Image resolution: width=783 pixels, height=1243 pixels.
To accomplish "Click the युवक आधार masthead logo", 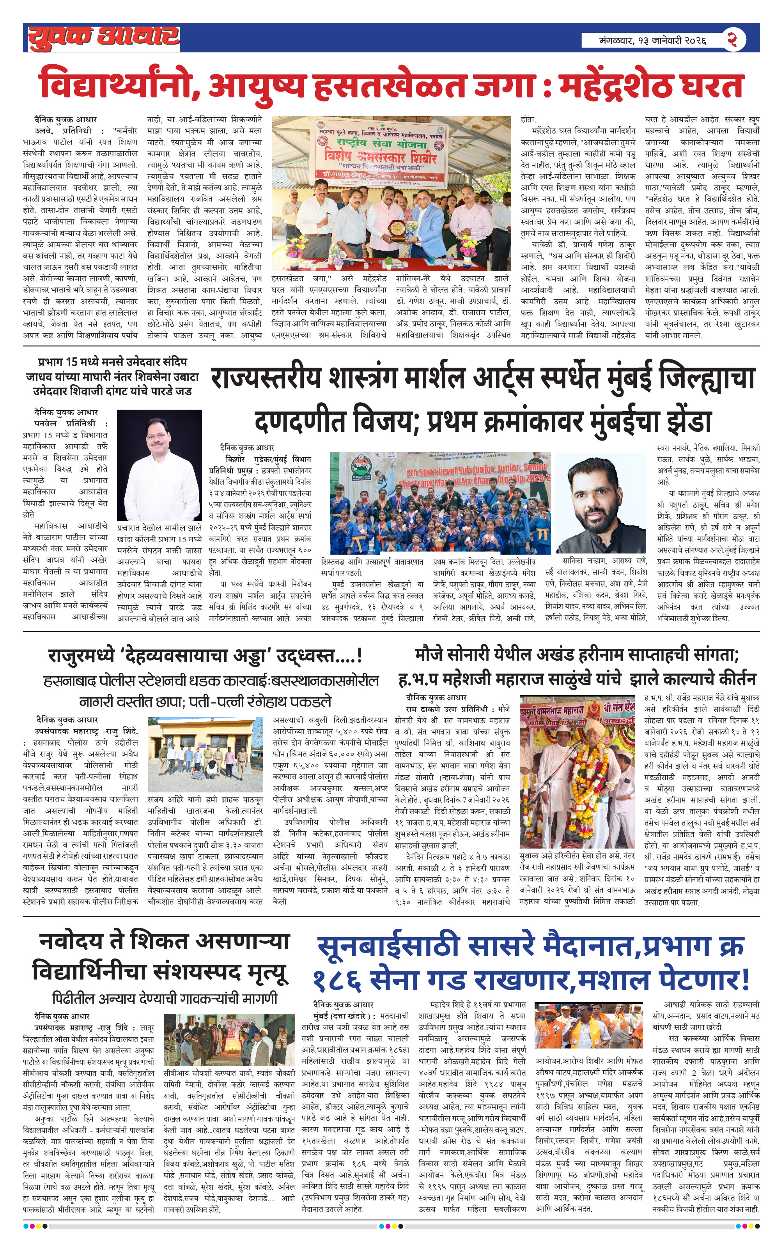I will tap(103, 37).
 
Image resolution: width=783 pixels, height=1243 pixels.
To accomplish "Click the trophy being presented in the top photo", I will tap(398, 227).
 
